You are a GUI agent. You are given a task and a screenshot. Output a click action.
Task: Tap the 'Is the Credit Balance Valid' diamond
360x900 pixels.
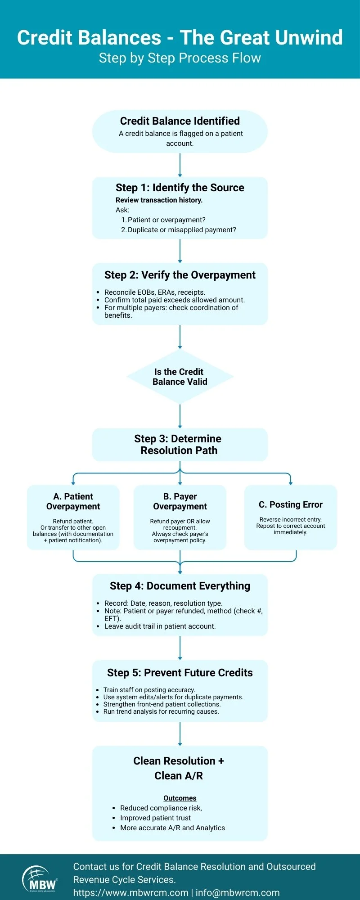pyautogui.click(x=180, y=377)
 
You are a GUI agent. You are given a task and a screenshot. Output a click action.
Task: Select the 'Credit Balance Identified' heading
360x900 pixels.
pyautogui.click(x=180, y=121)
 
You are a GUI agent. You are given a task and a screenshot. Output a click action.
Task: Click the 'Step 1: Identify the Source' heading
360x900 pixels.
pyautogui.click(x=180, y=188)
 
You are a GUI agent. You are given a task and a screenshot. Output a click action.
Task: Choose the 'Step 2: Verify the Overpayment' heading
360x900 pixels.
pyautogui.click(x=180, y=275)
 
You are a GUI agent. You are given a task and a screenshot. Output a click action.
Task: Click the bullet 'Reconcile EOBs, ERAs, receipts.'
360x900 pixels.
pyautogui.click(x=155, y=292)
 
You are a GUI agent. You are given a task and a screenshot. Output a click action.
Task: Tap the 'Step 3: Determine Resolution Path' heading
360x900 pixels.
pyautogui.click(x=179, y=445)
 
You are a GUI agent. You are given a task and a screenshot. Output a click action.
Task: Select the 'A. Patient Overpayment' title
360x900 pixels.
pyautogui.click(x=73, y=501)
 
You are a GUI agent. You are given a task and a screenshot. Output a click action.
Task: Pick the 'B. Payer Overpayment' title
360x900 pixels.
pyautogui.click(x=180, y=501)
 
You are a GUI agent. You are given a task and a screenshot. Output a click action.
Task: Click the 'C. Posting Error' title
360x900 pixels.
pyautogui.click(x=291, y=504)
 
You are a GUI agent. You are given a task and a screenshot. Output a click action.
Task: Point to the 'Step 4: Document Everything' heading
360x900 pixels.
pyautogui.click(x=180, y=586)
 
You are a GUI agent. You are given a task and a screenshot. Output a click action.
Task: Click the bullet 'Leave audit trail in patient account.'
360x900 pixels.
pyautogui.click(x=160, y=626)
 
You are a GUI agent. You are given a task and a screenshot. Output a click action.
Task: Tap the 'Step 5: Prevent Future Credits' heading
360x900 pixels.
pyautogui.click(x=180, y=673)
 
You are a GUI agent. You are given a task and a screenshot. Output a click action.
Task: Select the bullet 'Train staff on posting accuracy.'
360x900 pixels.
pyautogui.click(x=149, y=689)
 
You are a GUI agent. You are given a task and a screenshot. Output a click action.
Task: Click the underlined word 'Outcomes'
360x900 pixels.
pyautogui.click(x=180, y=798)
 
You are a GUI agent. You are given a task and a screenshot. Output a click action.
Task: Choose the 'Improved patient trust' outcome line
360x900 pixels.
pyautogui.click(x=155, y=818)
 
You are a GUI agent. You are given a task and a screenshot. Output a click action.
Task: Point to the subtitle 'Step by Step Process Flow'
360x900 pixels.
pyautogui.click(x=180, y=58)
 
